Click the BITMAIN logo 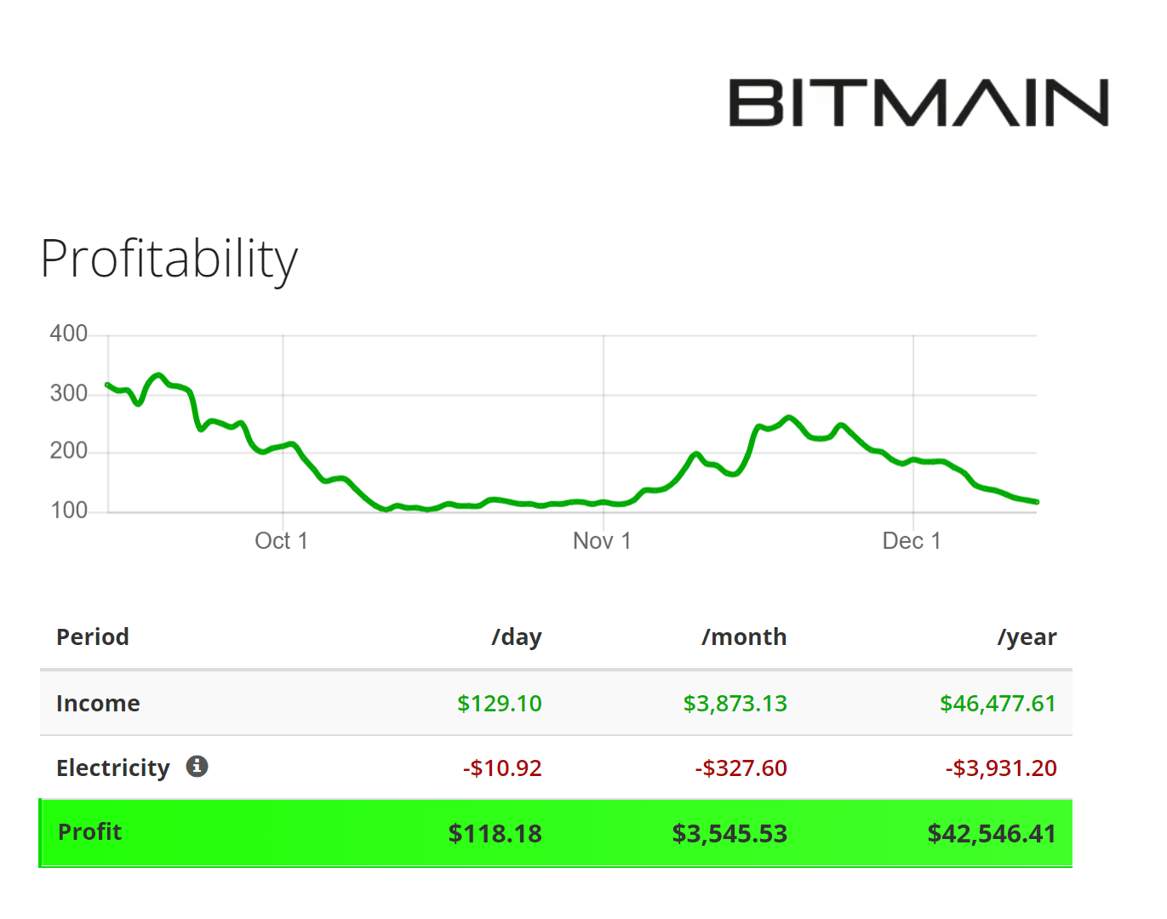coord(918,103)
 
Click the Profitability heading coord(169,259)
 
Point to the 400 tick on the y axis coord(69,334)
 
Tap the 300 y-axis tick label coord(69,393)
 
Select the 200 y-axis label coord(69,451)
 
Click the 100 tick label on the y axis coord(69,511)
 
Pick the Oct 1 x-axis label coord(281,541)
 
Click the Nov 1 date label coord(602,541)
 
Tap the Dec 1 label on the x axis coord(912,541)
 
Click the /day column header coord(517,637)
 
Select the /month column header coord(744,637)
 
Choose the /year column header coord(1027,637)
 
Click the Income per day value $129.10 coord(500,704)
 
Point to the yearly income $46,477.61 coord(998,704)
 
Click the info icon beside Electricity coord(197,767)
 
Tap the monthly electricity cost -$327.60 coord(741,768)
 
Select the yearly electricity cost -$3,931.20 coord(1001,768)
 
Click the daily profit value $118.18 coord(495,834)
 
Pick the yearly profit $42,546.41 coord(992,834)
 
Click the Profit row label coord(89,832)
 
